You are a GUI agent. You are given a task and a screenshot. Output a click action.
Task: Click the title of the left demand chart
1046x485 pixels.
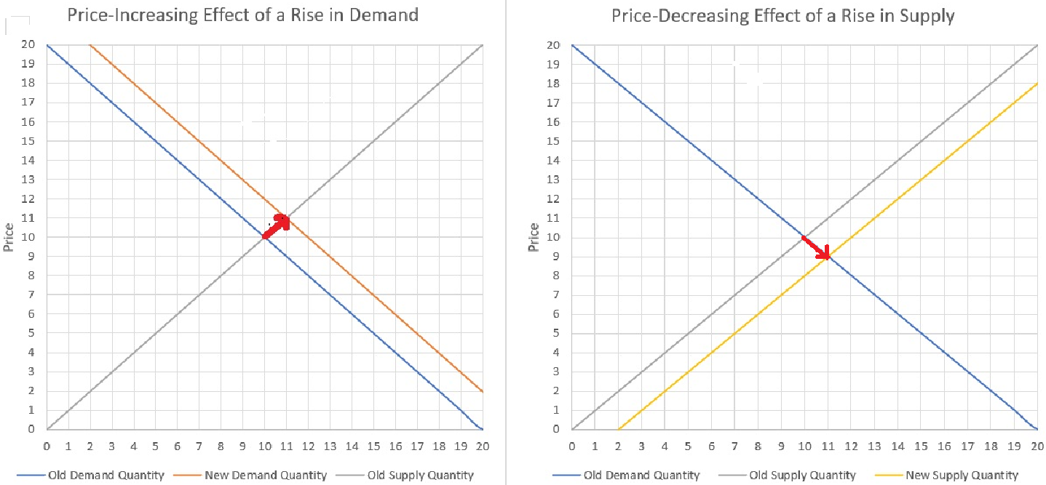pyautogui.click(x=242, y=15)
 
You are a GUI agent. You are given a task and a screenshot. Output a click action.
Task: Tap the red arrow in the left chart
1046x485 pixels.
pyautogui.click(x=277, y=225)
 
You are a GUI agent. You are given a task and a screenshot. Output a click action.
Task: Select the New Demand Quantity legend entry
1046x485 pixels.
pyautogui.click(x=266, y=476)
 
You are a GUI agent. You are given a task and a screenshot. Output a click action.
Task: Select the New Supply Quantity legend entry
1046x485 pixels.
pyautogui.click(x=962, y=476)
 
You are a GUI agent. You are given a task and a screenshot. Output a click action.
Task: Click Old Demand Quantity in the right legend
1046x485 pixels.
pyautogui.click(x=641, y=476)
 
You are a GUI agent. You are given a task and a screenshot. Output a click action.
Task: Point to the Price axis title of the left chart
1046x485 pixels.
pyautogui.click(x=9, y=237)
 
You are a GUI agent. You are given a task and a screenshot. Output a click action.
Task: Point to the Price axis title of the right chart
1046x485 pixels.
pyautogui.click(x=534, y=237)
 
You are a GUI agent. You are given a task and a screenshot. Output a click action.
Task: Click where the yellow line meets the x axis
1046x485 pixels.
pyautogui.click(x=618, y=429)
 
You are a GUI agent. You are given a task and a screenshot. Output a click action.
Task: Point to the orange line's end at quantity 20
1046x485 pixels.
pyautogui.click(x=483, y=391)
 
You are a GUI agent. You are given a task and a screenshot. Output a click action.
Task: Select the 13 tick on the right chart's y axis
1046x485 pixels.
pyautogui.click(x=555, y=180)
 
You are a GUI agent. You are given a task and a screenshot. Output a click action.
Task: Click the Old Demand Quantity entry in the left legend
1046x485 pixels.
pyautogui.click(x=106, y=476)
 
